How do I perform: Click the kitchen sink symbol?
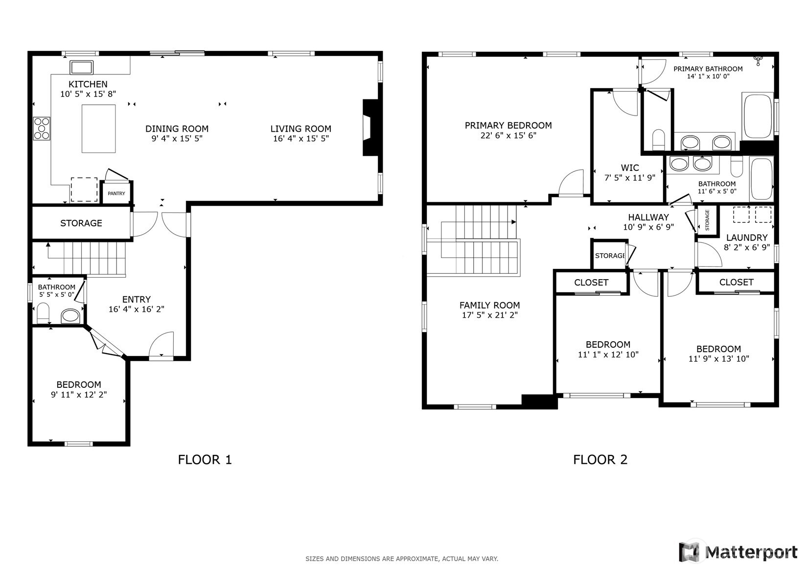coord(81,67)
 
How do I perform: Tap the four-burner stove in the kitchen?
coord(42,128)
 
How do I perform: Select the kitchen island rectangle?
coord(98,129)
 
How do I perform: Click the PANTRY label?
coord(116,193)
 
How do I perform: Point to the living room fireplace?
coord(369,128)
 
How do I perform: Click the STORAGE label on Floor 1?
coord(81,223)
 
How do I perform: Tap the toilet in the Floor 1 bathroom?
coord(43,313)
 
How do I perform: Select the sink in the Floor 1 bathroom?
coord(71,316)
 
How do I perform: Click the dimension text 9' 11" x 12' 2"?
coord(79,394)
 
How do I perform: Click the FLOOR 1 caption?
coord(205,459)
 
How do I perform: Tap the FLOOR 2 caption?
coord(600,459)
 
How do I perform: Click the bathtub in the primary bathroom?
coord(758,117)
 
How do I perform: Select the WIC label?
coord(630,167)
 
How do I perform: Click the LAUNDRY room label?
coord(747,237)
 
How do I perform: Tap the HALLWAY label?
coord(648,217)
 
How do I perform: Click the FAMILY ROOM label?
coord(489,305)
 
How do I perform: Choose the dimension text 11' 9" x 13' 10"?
coord(718,358)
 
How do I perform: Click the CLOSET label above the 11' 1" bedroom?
coord(591,283)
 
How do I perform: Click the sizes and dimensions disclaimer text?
coord(402,558)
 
